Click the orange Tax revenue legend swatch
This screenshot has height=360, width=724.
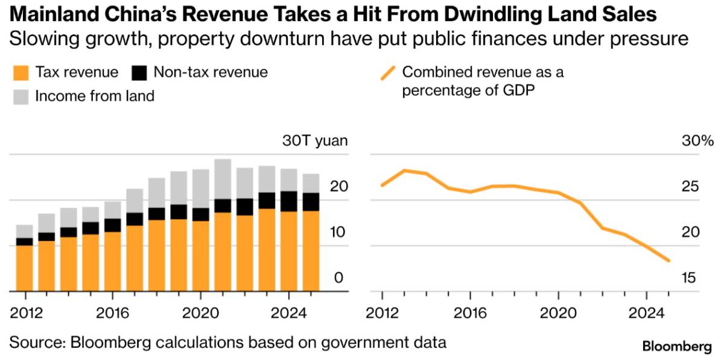(x=21, y=73)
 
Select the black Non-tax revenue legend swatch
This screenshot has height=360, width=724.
(x=139, y=73)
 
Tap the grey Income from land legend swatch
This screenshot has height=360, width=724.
(x=21, y=97)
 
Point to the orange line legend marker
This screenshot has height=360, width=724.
(x=388, y=73)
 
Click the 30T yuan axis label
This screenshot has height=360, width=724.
(x=315, y=141)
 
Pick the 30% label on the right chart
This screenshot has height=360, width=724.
(x=697, y=141)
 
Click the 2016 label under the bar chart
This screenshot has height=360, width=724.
(x=112, y=313)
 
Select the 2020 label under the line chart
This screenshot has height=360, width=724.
(x=558, y=313)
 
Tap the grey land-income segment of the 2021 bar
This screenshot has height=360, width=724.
(x=223, y=179)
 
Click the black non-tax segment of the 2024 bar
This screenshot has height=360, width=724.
(x=288, y=201)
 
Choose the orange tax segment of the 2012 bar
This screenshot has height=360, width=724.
(x=25, y=268)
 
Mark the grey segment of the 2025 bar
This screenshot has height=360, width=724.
(x=311, y=183)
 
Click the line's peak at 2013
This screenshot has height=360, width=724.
(x=405, y=170)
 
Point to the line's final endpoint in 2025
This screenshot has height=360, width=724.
(x=668, y=261)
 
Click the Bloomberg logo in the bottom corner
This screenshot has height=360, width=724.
(x=677, y=346)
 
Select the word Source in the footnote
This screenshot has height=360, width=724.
(x=37, y=343)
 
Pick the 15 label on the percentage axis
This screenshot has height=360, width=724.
(x=688, y=278)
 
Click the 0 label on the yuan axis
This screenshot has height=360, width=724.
(x=338, y=278)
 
